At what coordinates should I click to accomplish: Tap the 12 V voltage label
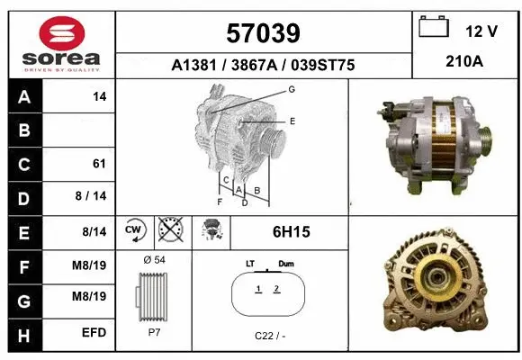tap(481, 31)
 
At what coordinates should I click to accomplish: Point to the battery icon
tap(435, 28)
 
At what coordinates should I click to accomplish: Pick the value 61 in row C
tap(99, 164)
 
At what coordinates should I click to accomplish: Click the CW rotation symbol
tap(134, 231)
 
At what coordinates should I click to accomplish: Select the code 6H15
tap(291, 232)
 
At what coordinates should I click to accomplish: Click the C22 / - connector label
tap(268, 336)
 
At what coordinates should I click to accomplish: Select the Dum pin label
tap(286, 263)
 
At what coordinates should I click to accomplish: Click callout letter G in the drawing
tap(292, 89)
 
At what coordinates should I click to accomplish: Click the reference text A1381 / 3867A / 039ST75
tap(264, 65)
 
